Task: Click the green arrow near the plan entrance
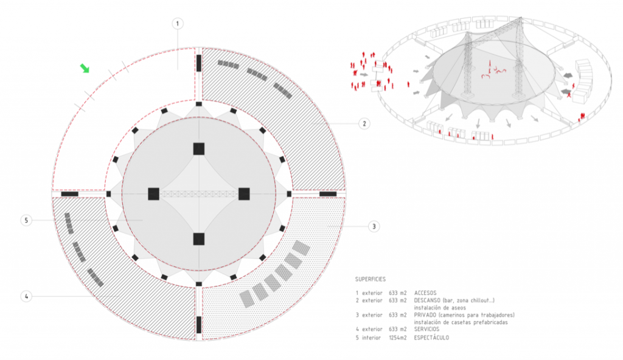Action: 85,68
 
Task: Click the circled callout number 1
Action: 178,24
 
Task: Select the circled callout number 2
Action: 364,123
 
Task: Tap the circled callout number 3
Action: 374,226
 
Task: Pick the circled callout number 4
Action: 26,296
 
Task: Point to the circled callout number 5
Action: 26,220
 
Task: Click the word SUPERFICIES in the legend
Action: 371,279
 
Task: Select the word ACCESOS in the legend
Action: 425,293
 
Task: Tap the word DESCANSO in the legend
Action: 427,300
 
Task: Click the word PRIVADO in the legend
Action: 425,315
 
